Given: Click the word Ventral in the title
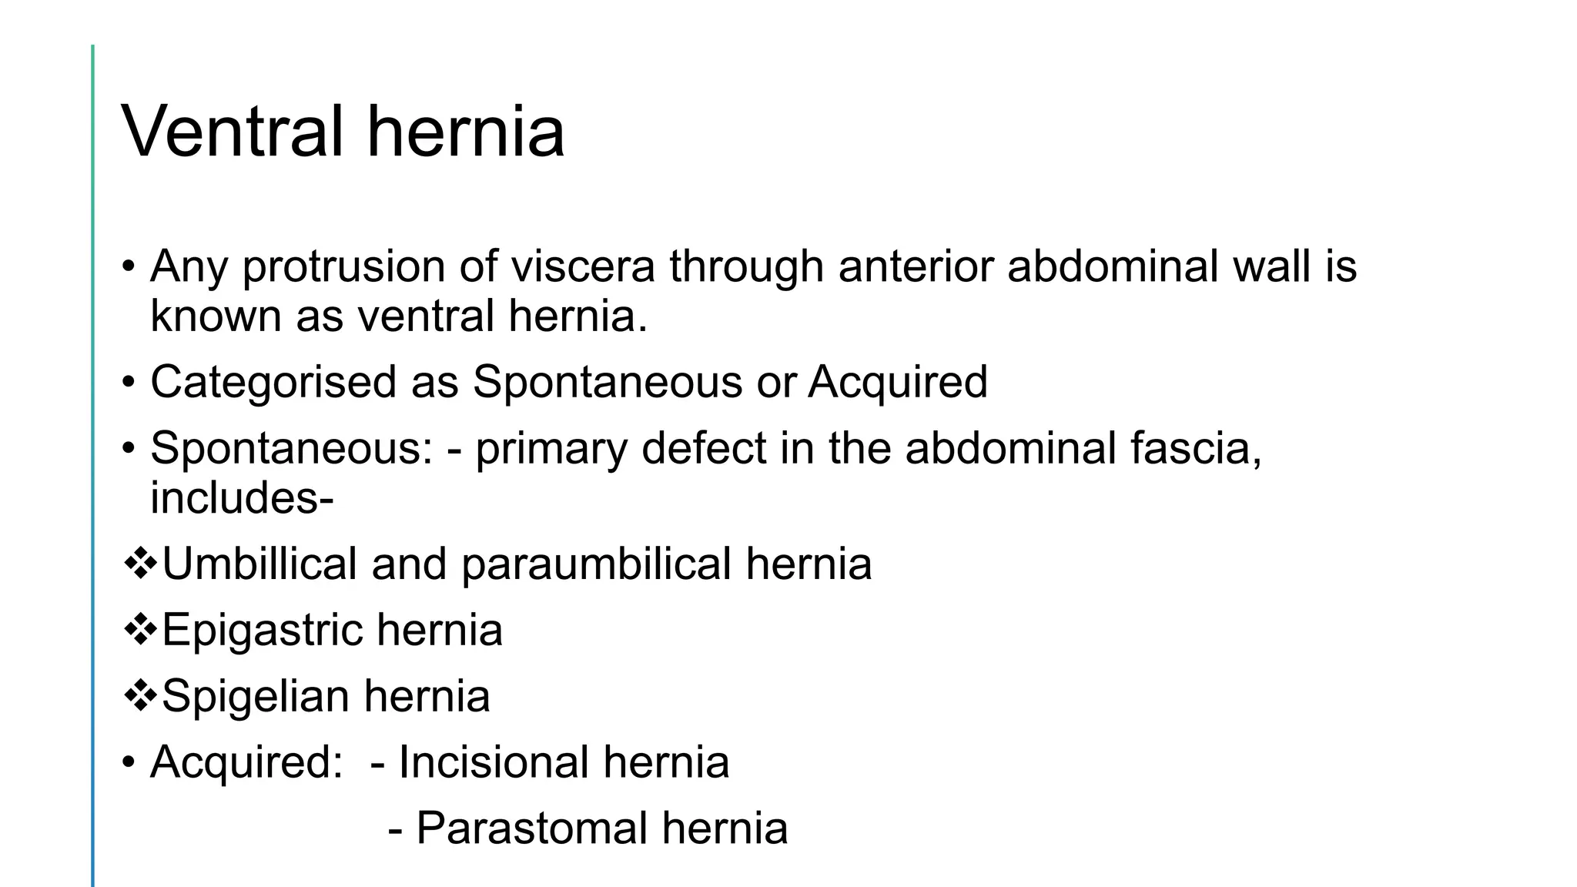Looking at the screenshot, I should click(x=232, y=132).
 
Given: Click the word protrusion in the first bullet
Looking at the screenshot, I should click(x=343, y=266).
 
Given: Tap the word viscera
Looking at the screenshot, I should click(x=583, y=266).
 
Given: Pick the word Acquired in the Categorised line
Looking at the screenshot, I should click(x=897, y=382).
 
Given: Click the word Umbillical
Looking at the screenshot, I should click(x=259, y=564).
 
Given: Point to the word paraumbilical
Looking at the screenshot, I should click(x=596, y=564).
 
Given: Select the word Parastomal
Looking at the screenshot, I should click(x=531, y=829).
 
